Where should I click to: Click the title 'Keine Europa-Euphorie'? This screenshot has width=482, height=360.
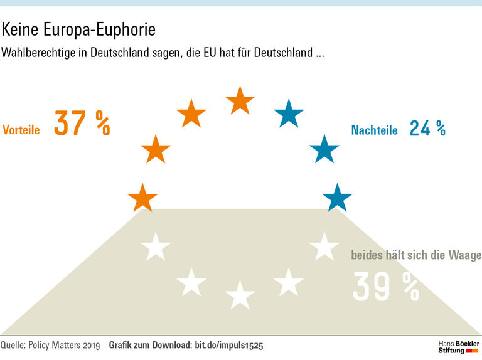[x=78, y=29]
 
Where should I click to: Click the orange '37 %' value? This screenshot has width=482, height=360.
[x=82, y=124]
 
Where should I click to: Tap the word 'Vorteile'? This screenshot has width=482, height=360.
[x=21, y=130]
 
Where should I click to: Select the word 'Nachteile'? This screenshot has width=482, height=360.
[x=375, y=130]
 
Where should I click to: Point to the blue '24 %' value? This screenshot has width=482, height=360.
[x=427, y=128]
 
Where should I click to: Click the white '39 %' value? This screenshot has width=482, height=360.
[x=385, y=287]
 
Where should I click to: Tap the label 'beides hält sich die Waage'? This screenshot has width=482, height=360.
[x=416, y=255]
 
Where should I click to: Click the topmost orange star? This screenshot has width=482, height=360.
[x=240, y=100]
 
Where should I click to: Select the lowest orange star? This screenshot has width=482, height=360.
[x=143, y=198]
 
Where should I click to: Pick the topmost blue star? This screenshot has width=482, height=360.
[x=289, y=114]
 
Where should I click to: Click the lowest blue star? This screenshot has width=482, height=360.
[x=338, y=198]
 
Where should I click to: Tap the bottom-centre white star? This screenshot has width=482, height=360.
[x=240, y=295]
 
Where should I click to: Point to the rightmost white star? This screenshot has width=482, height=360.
[x=324, y=246]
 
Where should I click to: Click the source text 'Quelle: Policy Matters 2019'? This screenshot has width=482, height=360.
[x=50, y=346]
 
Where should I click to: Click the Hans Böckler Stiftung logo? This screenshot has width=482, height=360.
[x=458, y=347]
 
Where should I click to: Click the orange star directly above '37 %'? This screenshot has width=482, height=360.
[x=191, y=114]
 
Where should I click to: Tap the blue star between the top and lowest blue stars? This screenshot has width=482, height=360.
[x=324, y=149]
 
